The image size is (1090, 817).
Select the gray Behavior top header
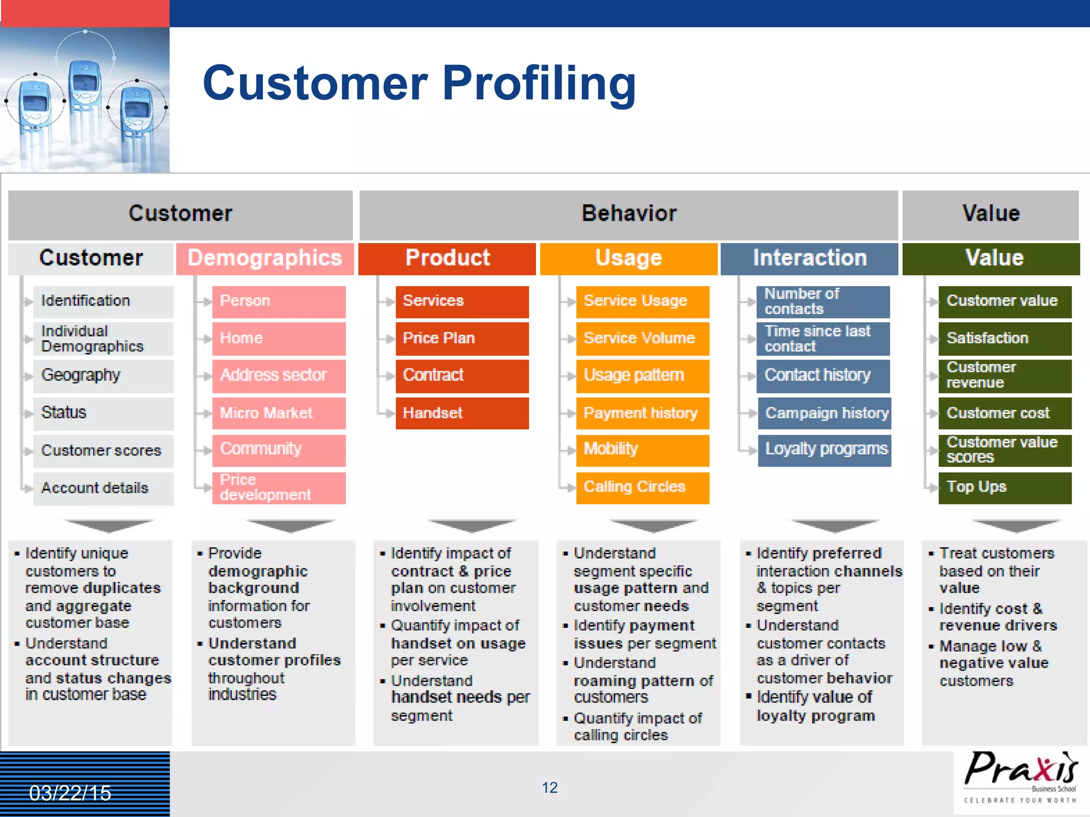point(629,214)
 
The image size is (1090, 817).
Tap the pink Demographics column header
point(265,259)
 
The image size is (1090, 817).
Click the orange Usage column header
point(628,259)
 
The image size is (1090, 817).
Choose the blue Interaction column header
point(809,259)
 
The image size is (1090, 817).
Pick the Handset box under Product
point(461,413)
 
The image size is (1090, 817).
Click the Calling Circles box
point(642,487)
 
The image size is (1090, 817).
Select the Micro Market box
point(278,413)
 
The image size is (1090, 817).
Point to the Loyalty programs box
point(824,449)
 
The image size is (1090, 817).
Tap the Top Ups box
point(1004,487)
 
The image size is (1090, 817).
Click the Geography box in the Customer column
point(103,376)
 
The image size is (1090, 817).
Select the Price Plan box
point(461,338)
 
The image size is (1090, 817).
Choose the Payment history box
point(642,413)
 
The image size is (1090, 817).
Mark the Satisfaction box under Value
point(1004,338)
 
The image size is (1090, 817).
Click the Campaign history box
point(824,413)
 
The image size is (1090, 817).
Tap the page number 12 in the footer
point(549,788)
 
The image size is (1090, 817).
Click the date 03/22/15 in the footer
point(70,793)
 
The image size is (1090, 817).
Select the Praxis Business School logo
point(1020,777)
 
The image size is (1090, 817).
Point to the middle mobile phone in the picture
point(85,101)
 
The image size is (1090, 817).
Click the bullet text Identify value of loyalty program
point(815,706)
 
